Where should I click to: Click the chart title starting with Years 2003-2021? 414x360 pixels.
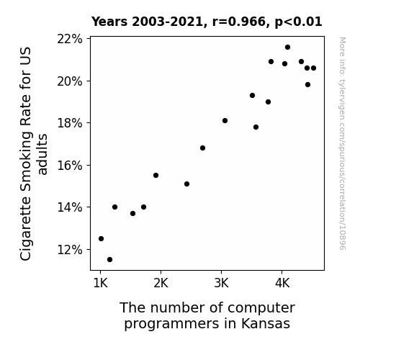[207, 22]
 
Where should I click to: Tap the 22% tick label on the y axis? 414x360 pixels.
[70, 39]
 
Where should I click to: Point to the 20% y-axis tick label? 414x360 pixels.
[70, 81]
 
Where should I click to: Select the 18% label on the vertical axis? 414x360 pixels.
[70, 123]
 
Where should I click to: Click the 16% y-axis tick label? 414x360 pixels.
[70, 166]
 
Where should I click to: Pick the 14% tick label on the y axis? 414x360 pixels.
[70, 207]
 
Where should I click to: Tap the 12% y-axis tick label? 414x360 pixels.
[70, 250]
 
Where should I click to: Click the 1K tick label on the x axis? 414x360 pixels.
[100, 284]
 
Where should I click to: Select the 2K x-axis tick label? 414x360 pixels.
[161, 284]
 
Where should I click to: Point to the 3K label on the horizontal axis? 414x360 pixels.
[221, 284]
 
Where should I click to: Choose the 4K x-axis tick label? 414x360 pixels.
[282, 284]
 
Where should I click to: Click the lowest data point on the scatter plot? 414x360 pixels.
[110, 260]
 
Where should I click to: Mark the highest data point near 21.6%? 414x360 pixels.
[288, 48]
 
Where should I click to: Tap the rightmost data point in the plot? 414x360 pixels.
[314, 68]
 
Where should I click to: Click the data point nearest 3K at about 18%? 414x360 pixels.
[225, 121]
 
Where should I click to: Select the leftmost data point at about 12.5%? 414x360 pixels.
[101, 239]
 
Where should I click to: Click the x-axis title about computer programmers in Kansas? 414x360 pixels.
[207, 315]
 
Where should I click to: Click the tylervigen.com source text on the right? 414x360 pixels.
[342, 143]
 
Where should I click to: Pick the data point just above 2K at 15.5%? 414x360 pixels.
[156, 176]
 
